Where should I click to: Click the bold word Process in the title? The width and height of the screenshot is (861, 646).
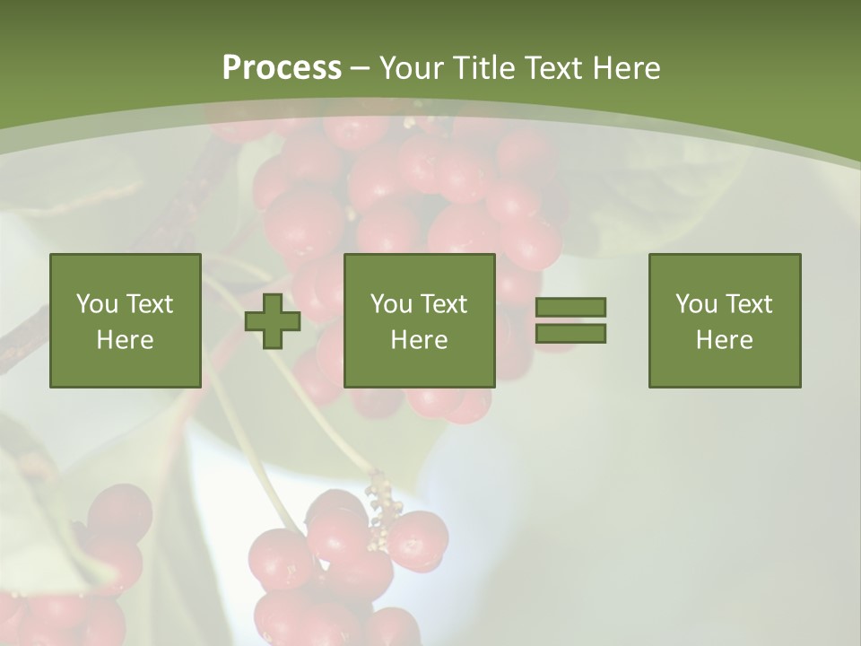tap(282, 68)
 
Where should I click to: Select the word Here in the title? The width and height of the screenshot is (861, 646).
tap(626, 68)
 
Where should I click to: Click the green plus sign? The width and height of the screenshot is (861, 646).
tap(273, 320)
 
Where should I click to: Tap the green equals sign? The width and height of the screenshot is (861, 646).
tap(570, 320)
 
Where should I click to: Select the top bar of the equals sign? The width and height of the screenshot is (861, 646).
tap(570, 308)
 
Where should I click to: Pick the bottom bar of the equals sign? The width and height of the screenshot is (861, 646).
tap(570, 333)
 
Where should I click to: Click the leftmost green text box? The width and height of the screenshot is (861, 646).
tap(126, 320)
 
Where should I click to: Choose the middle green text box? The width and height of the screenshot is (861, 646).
tap(420, 320)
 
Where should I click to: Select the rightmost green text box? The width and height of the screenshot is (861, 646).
tap(725, 320)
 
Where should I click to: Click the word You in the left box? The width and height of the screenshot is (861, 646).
tap(97, 304)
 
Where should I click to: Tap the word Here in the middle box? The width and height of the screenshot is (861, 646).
tap(420, 340)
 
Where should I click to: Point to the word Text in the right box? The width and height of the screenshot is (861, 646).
tap(748, 304)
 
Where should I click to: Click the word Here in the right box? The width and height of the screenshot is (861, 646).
tap(725, 340)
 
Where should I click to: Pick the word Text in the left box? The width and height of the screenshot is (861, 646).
tap(149, 304)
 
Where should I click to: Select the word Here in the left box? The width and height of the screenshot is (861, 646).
tap(126, 340)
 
